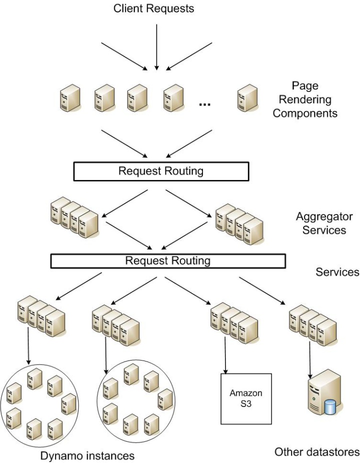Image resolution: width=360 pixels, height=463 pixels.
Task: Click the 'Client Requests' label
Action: click(x=153, y=8)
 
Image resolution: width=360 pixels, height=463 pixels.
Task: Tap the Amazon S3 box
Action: click(x=245, y=398)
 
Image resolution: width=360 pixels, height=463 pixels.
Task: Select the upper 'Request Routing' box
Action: click(x=160, y=171)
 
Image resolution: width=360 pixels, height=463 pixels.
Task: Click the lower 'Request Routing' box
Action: click(x=167, y=260)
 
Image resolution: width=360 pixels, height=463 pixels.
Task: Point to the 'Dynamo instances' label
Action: click(x=88, y=455)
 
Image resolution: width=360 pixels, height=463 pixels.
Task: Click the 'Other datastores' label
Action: click(x=316, y=452)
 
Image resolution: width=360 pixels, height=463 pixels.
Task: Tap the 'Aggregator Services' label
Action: click(x=324, y=223)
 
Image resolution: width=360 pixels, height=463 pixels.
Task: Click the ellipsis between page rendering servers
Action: click(x=204, y=104)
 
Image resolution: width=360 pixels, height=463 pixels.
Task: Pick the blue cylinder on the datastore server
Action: click(x=329, y=406)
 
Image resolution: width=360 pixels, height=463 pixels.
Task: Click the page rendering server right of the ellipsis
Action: click(x=247, y=97)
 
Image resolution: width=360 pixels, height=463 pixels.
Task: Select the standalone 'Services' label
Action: click(x=337, y=272)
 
